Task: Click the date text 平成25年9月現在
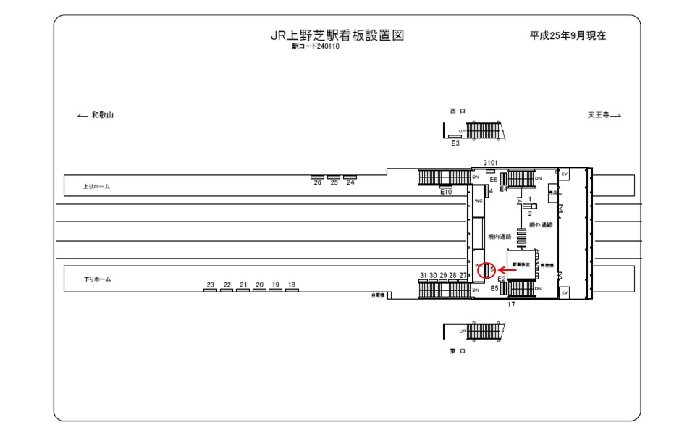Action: [568, 35]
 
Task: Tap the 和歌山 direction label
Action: [102, 116]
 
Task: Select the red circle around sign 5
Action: [489, 271]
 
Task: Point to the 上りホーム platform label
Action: [96, 187]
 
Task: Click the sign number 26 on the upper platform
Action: [317, 183]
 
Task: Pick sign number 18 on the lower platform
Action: [291, 285]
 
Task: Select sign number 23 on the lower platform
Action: [210, 285]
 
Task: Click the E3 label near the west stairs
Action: [455, 143]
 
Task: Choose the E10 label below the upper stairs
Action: [446, 193]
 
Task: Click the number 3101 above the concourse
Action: [490, 164]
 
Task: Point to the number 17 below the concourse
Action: [511, 304]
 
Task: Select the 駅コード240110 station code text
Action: [316, 46]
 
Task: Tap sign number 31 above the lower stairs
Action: [424, 276]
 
